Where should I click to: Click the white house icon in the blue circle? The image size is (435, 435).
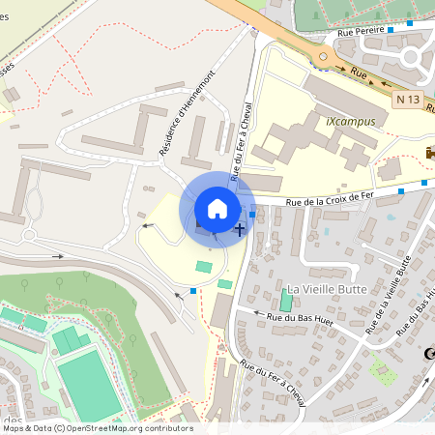click(217, 208)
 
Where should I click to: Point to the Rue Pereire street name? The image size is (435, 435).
click(360, 32)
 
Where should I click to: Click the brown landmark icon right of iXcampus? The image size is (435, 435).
click(430, 153)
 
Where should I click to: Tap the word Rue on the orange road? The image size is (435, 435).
click(360, 72)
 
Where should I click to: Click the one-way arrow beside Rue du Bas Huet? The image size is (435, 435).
click(257, 313)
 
